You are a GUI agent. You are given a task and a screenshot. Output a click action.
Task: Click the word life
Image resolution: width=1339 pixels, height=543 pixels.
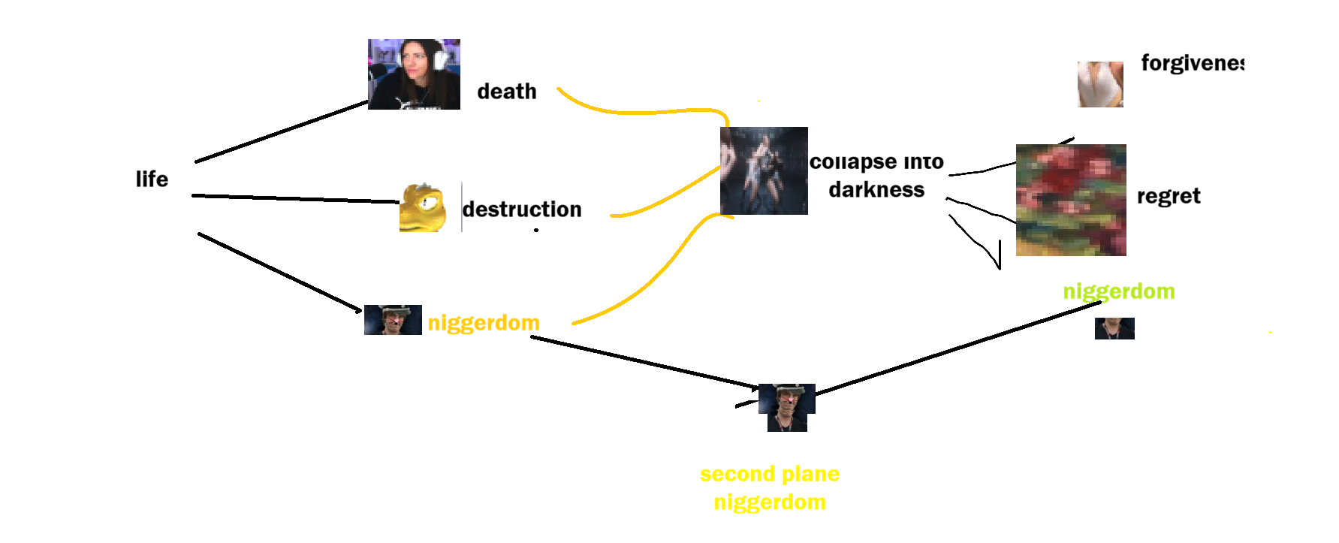tap(152, 179)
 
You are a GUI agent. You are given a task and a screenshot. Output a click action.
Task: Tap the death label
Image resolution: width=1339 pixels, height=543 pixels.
tap(507, 92)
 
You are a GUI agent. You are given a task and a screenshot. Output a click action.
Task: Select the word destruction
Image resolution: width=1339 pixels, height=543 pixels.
tap(522, 209)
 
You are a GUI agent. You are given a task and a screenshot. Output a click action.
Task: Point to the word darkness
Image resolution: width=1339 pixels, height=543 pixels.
tap(876, 189)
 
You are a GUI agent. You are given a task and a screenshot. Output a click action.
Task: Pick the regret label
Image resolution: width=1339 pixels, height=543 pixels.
tap(1168, 196)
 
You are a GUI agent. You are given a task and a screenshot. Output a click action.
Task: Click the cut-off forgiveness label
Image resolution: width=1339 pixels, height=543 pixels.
tap(1192, 63)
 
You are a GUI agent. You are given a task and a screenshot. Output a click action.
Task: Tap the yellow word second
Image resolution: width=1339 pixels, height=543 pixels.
tap(737, 474)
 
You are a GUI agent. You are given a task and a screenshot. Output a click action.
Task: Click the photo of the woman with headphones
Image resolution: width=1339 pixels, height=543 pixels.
tap(414, 74)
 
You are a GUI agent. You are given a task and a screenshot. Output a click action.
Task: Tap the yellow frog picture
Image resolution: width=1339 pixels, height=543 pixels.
tap(423, 208)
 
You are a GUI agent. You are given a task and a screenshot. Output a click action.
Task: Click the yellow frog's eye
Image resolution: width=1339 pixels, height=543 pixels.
tap(430, 201)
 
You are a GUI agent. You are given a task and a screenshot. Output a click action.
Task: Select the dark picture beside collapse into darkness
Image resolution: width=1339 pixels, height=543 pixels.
tap(764, 170)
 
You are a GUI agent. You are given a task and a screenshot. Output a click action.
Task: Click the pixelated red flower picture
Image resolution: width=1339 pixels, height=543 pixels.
tap(1071, 200)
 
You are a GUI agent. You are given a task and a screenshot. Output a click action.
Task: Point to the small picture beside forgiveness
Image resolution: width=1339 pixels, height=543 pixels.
tap(1100, 84)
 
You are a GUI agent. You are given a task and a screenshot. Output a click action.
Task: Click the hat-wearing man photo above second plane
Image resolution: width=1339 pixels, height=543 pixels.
tap(786, 407)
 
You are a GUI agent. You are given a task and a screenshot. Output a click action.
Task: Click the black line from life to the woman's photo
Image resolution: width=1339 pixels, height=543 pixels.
tap(282, 132)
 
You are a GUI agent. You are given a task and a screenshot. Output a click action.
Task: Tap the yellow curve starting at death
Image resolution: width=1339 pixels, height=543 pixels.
tap(638, 112)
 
